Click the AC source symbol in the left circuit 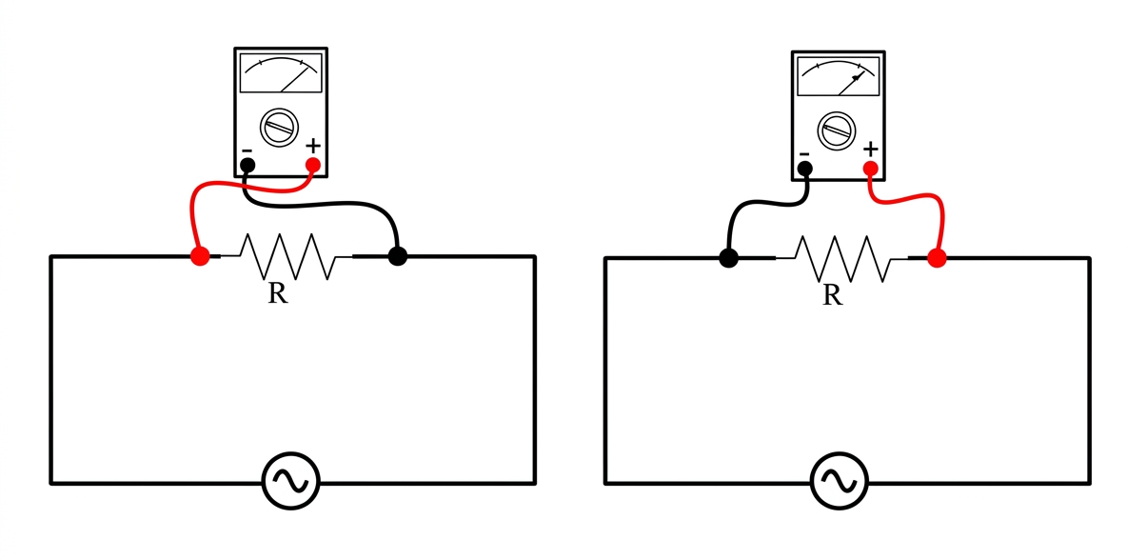coord(290,481)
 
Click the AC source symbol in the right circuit coord(839,481)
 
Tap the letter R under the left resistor coord(278,292)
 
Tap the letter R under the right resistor coord(832,294)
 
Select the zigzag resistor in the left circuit coord(287,256)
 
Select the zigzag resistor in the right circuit coord(841,258)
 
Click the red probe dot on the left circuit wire coord(200,256)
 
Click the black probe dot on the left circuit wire coord(398,256)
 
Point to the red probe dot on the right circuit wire coord(936,258)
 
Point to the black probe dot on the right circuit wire coord(729,258)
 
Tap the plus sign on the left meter coord(312,146)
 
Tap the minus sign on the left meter coord(247,150)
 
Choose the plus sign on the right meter coord(870,150)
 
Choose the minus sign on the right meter coord(804,154)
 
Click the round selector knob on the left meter coord(279,128)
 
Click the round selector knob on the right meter coord(837,130)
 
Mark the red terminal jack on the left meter coord(312,166)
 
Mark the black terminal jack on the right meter coord(805,169)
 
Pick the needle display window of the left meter coord(281,72)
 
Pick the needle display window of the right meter coord(839,75)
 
